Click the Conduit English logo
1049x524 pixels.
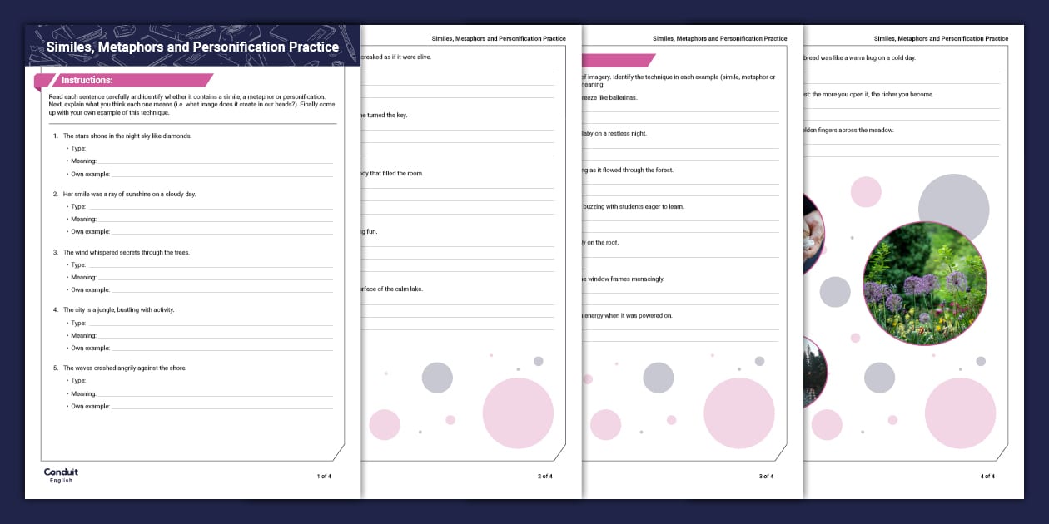click(61, 475)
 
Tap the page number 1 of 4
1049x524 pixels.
click(324, 476)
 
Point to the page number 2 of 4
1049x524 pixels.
click(545, 476)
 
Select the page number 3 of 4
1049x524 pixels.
click(766, 476)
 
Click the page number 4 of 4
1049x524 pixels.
click(987, 476)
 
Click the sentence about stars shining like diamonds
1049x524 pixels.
click(127, 136)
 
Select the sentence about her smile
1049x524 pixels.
click(129, 194)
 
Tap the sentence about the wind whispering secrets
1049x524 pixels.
click(126, 252)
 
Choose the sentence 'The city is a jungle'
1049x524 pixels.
click(118, 309)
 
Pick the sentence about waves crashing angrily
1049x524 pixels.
click(125, 368)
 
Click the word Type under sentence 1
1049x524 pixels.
click(78, 148)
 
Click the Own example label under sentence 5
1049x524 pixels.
click(90, 406)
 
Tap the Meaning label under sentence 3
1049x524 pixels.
click(83, 277)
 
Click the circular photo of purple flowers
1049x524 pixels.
click(925, 283)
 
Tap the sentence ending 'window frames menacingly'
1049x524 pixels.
click(624, 279)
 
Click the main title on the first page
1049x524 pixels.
click(192, 47)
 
